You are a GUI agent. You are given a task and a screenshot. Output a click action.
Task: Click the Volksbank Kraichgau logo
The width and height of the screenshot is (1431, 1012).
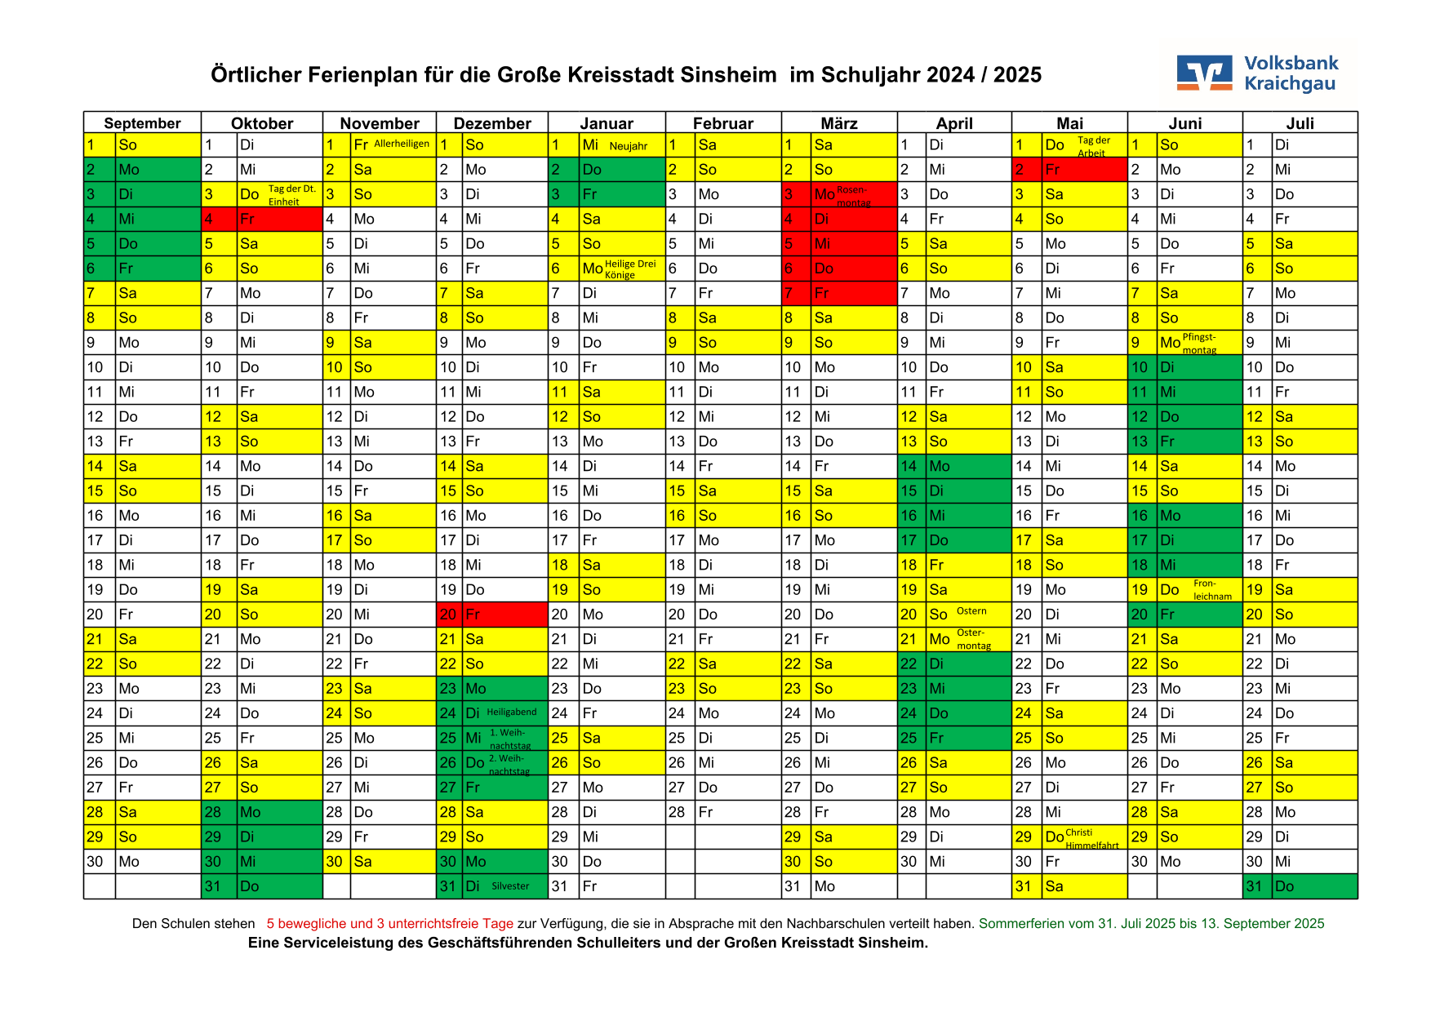tap(1257, 73)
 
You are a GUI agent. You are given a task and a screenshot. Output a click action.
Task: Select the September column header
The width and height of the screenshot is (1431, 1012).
tap(142, 123)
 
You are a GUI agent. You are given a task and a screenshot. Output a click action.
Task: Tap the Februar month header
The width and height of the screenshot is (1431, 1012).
tap(723, 123)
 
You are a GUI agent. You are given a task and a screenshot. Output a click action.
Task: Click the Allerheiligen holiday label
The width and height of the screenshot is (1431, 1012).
tap(402, 144)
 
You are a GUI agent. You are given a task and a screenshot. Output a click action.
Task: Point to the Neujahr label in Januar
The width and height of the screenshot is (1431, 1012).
tap(629, 146)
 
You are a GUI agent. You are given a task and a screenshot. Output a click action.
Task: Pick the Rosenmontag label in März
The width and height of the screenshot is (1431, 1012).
tap(854, 197)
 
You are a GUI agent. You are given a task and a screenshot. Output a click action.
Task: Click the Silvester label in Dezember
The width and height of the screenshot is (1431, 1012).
tap(510, 885)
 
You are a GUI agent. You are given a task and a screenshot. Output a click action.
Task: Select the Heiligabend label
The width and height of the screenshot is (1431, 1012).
tap(512, 712)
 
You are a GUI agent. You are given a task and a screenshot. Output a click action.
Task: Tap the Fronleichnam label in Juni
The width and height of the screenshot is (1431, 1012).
tap(1212, 590)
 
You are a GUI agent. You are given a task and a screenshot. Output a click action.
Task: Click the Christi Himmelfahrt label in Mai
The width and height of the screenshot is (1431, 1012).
tap(1092, 839)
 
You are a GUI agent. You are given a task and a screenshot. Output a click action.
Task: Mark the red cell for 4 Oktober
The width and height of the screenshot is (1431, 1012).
tap(262, 219)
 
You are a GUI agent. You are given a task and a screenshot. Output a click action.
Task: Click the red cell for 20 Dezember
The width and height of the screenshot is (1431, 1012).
tap(492, 614)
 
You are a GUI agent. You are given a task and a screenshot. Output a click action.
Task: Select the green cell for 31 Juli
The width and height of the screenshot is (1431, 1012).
tap(1300, 886)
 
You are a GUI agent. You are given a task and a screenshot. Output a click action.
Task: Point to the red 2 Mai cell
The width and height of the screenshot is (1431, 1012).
tap(1069, 170)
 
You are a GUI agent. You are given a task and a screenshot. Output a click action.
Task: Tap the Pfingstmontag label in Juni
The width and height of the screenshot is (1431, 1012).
tap(1199, 344)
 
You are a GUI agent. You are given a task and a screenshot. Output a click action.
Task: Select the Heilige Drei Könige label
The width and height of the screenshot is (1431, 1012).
tap(630, 269)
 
